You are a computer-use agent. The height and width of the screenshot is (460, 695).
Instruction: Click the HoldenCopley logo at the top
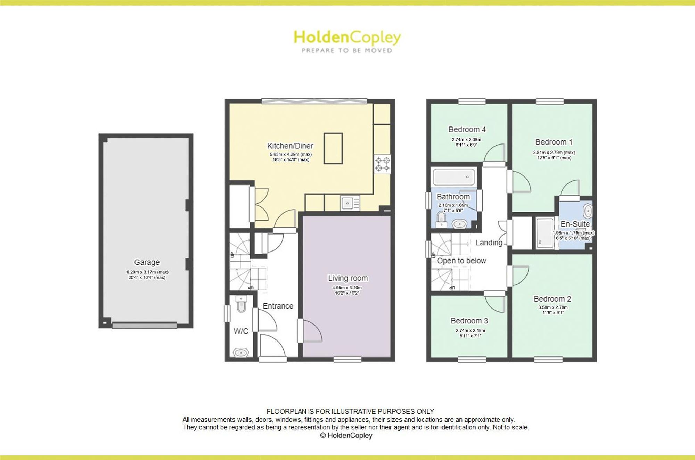click(347, 41)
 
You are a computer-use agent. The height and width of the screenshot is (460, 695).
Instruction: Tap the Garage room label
click(147, 262)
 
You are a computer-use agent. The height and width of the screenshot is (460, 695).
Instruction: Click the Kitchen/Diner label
click(290, 146)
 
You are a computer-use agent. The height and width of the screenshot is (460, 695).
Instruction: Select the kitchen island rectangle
click(333, 148)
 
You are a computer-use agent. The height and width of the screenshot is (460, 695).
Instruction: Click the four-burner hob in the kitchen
click(382, 164)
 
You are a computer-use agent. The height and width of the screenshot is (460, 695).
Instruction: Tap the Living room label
click(348, 278)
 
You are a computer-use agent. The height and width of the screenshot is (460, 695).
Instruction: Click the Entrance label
click(278, 306)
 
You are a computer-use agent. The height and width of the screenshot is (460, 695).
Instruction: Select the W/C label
click(241, 331)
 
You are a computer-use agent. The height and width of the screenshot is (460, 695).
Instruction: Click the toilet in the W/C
click(241, 304)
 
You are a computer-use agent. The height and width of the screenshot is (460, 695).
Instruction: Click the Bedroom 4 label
click(467, 130)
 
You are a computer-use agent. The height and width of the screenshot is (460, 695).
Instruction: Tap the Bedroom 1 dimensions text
click(554, 155)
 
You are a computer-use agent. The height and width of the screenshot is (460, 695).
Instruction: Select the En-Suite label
click(575, 224)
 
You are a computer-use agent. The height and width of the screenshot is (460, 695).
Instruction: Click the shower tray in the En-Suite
click(545, 233)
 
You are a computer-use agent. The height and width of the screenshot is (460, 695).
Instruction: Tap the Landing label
click(489, 243)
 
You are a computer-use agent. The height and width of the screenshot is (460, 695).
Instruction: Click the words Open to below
click(461, 261)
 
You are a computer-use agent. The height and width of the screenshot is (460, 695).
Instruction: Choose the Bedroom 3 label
click(469, 321)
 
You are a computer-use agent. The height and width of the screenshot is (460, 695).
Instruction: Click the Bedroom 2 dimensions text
click(553, 310)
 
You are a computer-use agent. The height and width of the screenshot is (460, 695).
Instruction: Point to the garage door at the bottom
click(145, 326)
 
